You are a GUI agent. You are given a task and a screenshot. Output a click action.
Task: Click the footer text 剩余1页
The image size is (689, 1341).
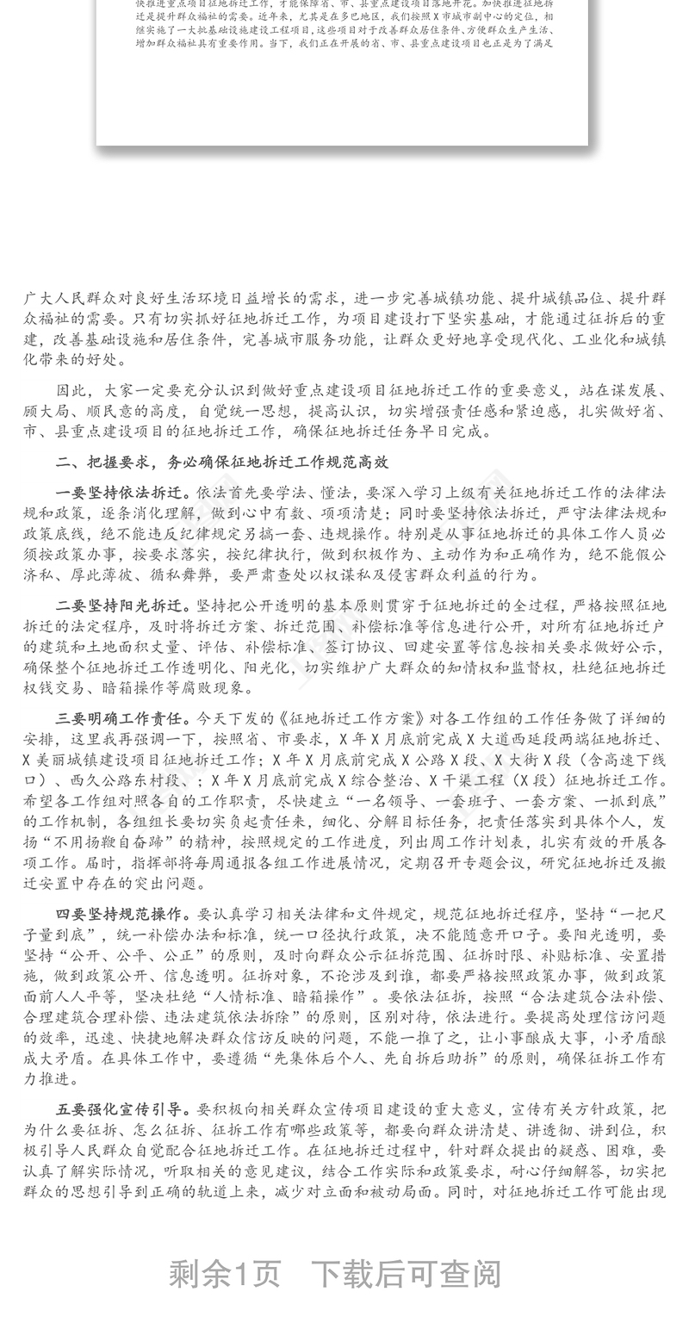coord(225,1273)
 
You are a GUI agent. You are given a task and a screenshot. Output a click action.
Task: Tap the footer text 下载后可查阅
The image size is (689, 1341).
coord(406,1273)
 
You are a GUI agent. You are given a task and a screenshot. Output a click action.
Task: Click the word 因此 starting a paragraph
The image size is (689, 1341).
coord(72,390)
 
